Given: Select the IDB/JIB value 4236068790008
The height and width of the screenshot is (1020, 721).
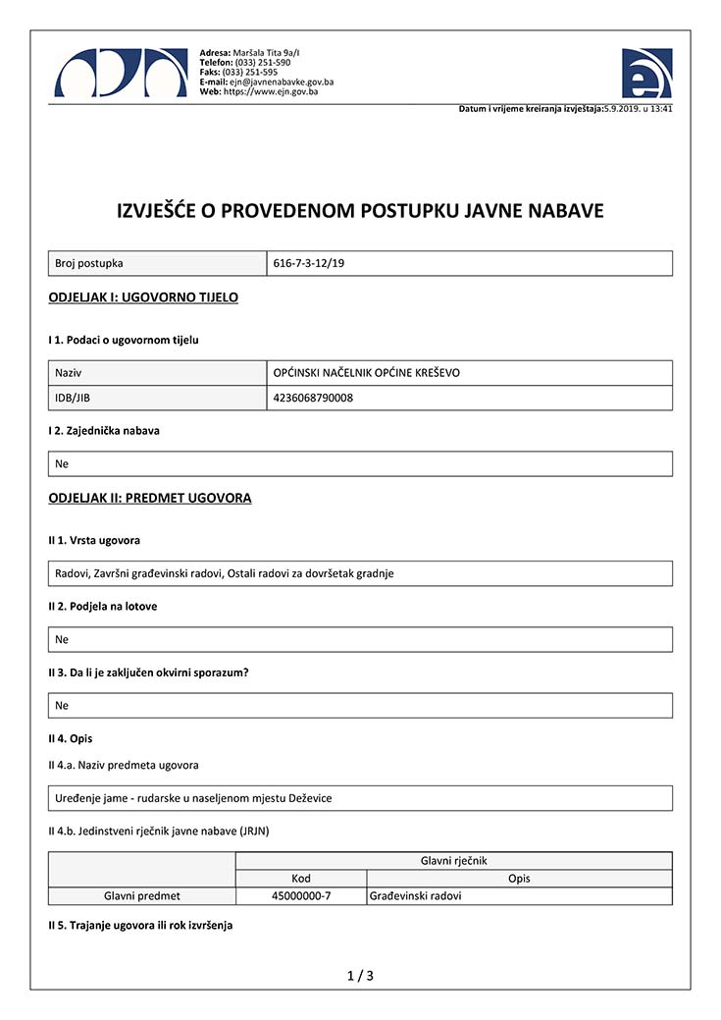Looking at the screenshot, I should pos(312,398).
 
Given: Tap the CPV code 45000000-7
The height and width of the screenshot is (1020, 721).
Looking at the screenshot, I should pos(301,896).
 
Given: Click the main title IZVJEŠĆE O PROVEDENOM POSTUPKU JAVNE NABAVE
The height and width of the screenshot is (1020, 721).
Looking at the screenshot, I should pos(360,211).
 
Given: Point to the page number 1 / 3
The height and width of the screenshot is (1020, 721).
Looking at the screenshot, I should pos(360,976).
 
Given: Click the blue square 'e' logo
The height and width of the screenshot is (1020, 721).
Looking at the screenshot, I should pos(646,73).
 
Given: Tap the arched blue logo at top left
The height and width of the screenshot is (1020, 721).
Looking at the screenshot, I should pos(120,73).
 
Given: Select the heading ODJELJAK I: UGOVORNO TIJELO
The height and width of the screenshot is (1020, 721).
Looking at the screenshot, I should pos(143,296).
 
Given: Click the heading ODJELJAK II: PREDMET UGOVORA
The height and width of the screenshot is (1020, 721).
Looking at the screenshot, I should pos(150,498).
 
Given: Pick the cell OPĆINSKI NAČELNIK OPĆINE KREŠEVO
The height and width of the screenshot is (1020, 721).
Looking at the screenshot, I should pos(367,373).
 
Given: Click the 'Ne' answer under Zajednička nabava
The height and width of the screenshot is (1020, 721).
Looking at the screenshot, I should pos(62,463).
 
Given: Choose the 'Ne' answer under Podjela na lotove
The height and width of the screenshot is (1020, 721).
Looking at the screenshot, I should pos(62,639).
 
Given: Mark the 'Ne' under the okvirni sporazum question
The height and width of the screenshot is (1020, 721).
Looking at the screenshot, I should pos(62,705).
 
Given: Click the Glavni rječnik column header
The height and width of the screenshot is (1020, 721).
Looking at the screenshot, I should pos(453,861).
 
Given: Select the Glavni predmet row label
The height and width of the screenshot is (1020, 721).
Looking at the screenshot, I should pos(142,896).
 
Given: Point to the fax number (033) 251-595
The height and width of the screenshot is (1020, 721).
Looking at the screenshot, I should pos(250,72).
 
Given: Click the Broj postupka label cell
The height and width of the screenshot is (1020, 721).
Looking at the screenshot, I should pos(89,264).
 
